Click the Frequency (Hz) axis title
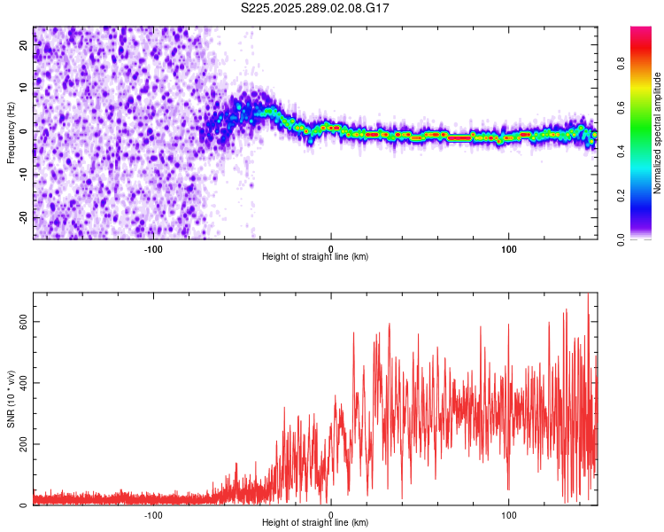11,132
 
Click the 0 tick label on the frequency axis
25,131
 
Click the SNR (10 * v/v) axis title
11,398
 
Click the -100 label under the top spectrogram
153,248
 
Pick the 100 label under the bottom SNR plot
509,514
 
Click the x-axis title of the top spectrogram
315,257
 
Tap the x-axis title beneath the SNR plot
315,523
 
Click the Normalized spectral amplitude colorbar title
657,133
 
